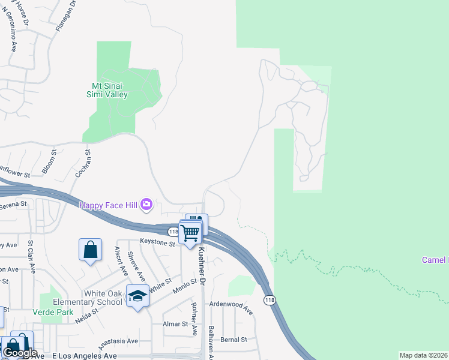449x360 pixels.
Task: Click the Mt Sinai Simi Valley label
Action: [x=108, y=91]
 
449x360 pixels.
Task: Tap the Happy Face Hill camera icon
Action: [x=146, y=206]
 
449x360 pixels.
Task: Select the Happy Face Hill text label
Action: [x=109, y=205]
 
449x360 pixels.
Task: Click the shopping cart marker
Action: [x=190, y=232]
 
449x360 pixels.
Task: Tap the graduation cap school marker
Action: [x=137, y=296]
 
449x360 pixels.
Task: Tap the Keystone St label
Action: [x=157, y=242]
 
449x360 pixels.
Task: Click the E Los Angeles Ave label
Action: [x=83, y=356]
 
